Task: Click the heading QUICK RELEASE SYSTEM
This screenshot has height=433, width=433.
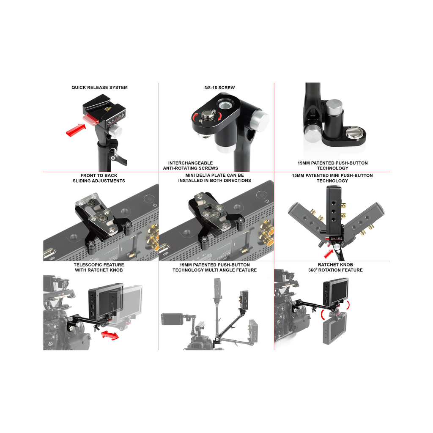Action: tap(99, 88)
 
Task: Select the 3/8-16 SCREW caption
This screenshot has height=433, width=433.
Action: tap(219, 88)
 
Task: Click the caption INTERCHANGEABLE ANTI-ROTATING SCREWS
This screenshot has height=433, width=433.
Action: tap(191, 165)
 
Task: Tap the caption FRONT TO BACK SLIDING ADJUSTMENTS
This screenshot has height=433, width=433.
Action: tap(99, 178)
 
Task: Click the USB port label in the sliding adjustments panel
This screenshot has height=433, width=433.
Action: tap(52, 258)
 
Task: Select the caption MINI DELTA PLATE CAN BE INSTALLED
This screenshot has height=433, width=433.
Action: tap(214, 178)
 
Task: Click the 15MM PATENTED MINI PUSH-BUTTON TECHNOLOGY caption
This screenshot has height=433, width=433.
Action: tap(332, 178)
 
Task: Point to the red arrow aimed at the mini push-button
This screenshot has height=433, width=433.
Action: tap(329, 254)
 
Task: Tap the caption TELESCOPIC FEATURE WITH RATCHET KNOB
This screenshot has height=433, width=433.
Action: tap(99, 267)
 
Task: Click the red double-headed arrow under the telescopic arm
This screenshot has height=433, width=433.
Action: tap(110, 335)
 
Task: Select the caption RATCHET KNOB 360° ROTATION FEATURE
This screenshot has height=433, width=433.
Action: tap(335, 267)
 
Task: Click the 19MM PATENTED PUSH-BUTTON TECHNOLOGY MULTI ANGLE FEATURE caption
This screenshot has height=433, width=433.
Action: tap(214, 267)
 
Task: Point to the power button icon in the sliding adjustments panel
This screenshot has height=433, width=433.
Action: tap(155, 205)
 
